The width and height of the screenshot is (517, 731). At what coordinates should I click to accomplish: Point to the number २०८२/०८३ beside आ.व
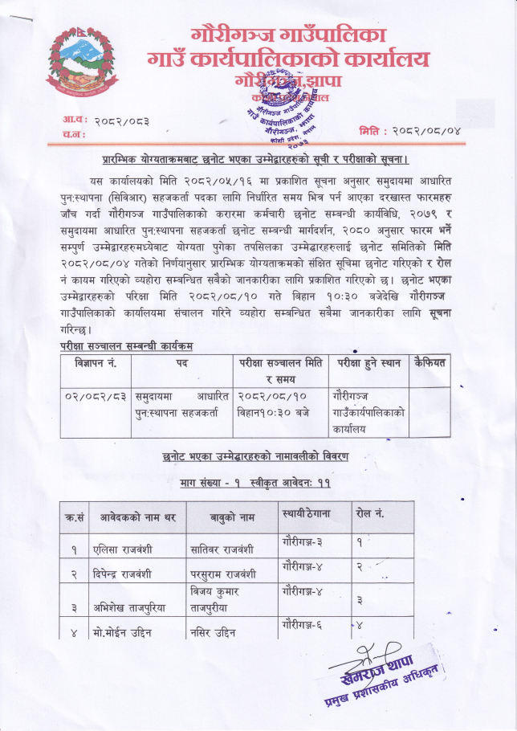tap(121, 120)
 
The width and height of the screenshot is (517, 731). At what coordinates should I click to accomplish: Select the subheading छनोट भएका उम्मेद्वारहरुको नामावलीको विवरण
tap(255, 458)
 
